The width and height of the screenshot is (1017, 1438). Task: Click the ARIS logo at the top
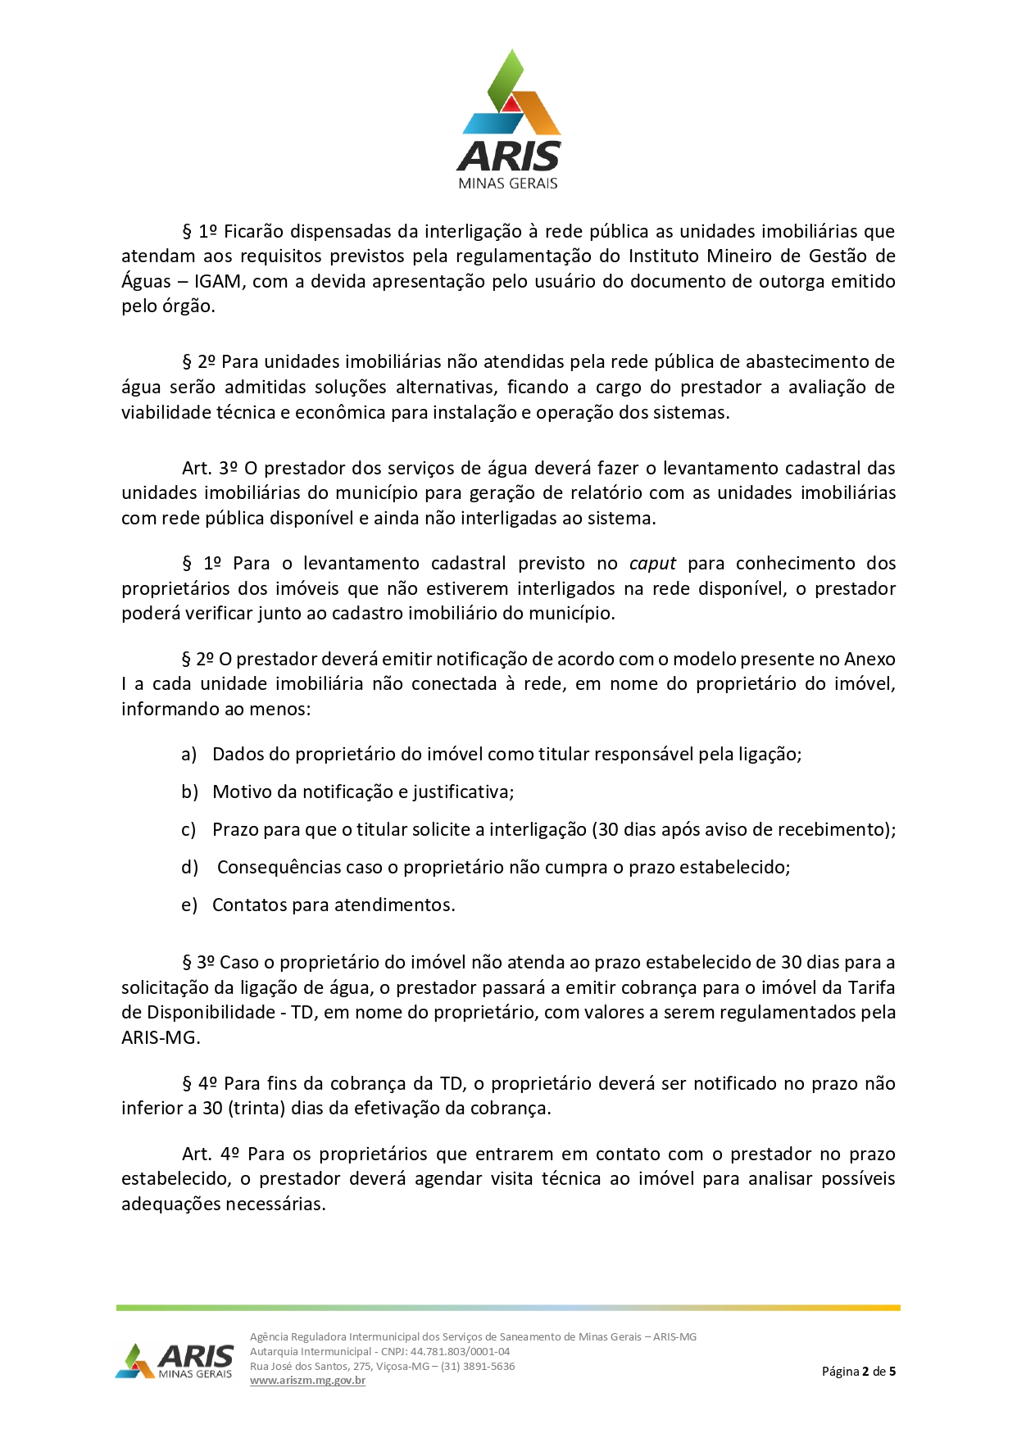(509, 120)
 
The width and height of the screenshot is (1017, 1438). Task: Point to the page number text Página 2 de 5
(858, 1371)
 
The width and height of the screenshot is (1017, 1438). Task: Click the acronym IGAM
(217, 281)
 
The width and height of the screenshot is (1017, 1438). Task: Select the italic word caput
(652, 564)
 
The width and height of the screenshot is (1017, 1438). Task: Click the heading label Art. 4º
(210, 1154)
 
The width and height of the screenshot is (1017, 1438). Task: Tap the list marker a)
(189, 755)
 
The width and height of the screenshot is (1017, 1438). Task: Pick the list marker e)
(189, 905)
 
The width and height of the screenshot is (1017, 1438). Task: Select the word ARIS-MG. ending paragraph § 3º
(161, 1038)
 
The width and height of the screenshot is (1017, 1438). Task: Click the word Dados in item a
(237, 755)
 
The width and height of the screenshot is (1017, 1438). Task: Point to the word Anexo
(869, 660)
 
